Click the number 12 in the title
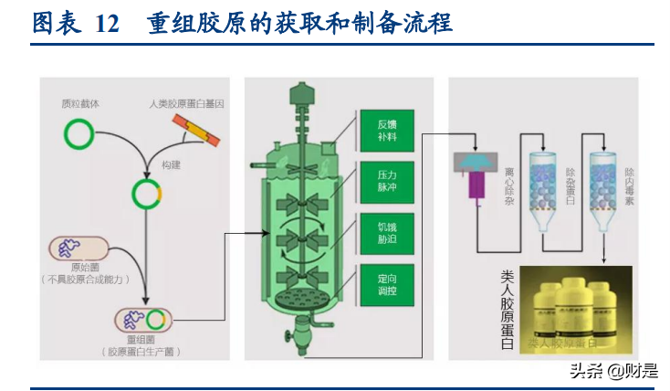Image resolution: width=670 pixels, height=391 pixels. tap(108, 25)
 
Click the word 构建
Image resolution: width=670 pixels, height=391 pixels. tap(171, 164)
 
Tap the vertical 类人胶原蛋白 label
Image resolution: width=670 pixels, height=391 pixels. tap(508, 311)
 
